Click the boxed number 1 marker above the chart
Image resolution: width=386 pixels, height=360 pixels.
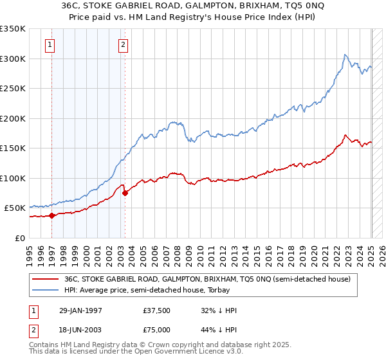point(50,45)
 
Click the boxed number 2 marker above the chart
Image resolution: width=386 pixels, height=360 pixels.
point(123,45)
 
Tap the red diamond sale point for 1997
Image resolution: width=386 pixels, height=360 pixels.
point(51,215)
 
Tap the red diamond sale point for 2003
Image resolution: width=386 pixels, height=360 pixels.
point(125,193)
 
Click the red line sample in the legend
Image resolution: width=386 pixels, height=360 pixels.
point(45,279)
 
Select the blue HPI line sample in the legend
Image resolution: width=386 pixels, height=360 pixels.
point(45,290)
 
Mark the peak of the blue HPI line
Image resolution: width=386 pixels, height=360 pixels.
point(345,54)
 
